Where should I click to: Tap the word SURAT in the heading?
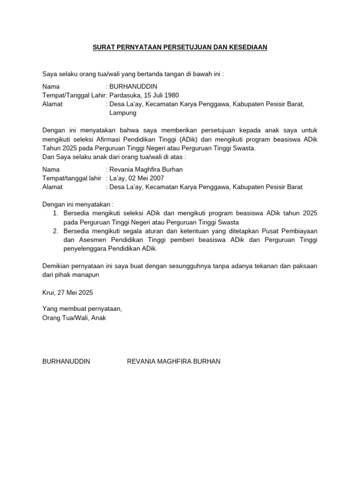(102, 48)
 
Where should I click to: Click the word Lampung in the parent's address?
(123, 113)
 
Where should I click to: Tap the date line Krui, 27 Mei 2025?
(67, 292)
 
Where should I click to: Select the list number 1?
(55, 213)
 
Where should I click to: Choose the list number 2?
(55, 231)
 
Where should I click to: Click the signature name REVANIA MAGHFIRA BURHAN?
(173, 361)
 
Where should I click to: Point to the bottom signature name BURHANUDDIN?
(66, 361)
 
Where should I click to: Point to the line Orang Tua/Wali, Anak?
(75, 318)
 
